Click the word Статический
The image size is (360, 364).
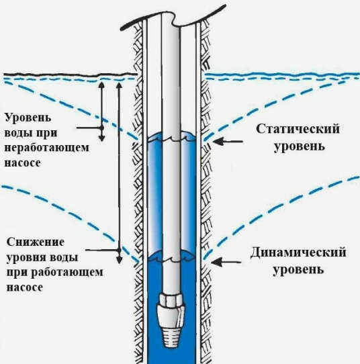click(298, 130)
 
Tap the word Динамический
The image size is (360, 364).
click(298, 252)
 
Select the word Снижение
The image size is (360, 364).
click(36, 242)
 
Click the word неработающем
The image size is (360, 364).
click(46, 148)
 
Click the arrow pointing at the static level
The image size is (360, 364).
click(228, 141)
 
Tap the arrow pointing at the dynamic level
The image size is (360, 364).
click(226, 262)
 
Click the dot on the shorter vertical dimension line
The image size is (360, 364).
click(101, 128)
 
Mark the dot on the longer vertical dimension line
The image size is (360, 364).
click(119, 251)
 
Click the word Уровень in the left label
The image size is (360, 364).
click(28, 118)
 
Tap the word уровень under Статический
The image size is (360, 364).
click(299, 146)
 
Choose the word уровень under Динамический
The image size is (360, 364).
click(298, 270)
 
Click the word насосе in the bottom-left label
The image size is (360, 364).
click(25, 287)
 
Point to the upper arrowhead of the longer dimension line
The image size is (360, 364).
click(119, 85)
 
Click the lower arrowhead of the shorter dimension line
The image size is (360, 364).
click(101, 138)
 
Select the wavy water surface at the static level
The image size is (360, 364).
click(171, 137)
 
